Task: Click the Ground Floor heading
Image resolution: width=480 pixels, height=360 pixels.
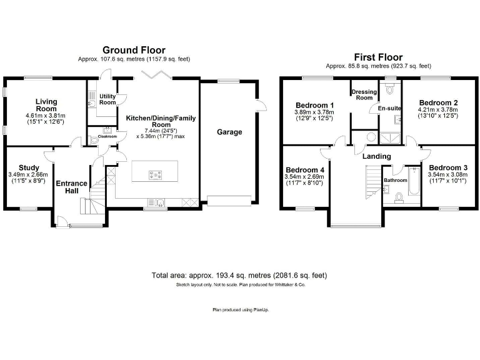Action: coord(134,50)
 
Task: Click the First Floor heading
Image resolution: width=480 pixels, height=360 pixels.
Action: coord(378,57)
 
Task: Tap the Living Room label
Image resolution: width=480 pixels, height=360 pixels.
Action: coord(46,105)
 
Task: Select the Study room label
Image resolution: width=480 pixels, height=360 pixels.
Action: coord(29,167)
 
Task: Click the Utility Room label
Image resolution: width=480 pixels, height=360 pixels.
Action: coord(108,99)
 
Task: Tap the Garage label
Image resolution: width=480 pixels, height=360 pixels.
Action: coord(229,132)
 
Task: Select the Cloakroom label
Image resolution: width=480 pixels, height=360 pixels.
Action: coord(107,136)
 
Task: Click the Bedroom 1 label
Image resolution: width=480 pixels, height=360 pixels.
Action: coord(314,104)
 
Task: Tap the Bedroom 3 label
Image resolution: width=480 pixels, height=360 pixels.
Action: coord(447,167)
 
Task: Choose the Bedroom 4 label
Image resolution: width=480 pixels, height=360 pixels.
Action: coord(305,170)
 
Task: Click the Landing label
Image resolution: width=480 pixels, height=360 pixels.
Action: coord(377,156)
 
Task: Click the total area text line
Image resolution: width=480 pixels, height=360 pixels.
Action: coord(239,276)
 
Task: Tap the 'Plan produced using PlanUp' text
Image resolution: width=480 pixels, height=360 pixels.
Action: coord(239,309)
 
